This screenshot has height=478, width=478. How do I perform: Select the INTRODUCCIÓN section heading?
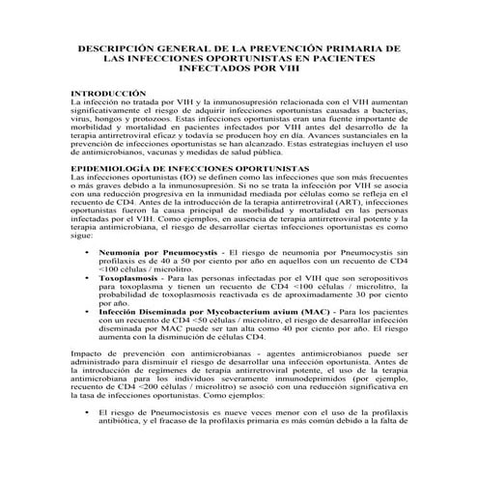click(x=110, y=93)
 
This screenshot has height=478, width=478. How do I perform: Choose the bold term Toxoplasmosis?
click(x=132, y=275)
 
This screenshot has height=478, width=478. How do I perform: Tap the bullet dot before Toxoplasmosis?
click(x=88, y=275)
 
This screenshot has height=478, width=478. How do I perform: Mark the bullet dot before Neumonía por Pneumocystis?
click(x=88, y=249)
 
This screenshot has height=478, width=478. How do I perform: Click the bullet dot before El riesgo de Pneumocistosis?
click(x=88, y=439)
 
